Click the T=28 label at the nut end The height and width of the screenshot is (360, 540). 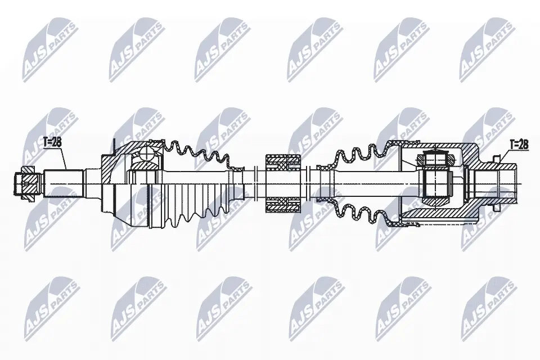[x=53, y=142]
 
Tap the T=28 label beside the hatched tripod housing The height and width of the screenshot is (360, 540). [x=519, y=145]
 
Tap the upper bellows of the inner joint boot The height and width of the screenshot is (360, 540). [x=358, y=155]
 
